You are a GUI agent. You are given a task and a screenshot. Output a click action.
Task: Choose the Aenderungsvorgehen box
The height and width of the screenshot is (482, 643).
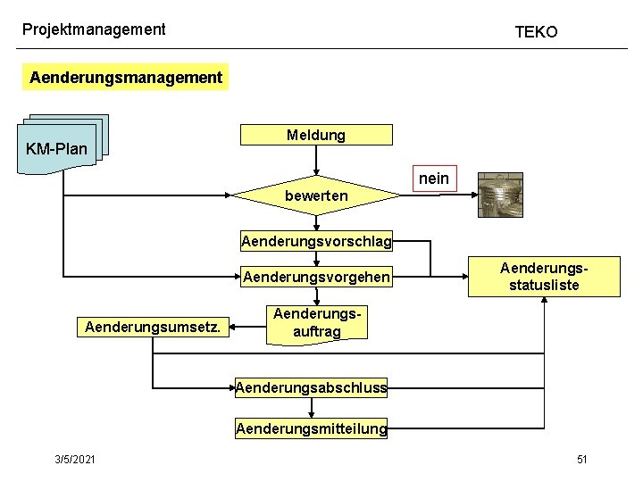coord(315,277)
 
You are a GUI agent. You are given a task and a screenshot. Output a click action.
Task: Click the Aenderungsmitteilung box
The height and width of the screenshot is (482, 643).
coord(311,429)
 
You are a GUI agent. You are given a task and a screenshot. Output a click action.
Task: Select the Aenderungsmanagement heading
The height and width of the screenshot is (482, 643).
coord(126,77)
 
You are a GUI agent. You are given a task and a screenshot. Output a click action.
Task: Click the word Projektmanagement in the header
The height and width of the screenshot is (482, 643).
coord(94,29)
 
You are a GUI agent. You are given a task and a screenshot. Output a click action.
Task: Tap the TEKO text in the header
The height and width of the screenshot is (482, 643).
coord(536,32)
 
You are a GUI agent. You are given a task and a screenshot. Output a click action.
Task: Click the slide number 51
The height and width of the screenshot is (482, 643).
coord(581,459)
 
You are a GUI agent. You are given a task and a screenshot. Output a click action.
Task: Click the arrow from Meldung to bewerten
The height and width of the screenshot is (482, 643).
coord(313,159)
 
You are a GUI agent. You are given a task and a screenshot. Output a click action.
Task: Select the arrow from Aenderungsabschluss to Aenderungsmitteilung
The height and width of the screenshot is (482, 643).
coord(311,407)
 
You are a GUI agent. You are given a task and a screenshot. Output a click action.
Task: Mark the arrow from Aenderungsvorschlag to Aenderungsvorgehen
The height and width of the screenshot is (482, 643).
coord(315,258)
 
